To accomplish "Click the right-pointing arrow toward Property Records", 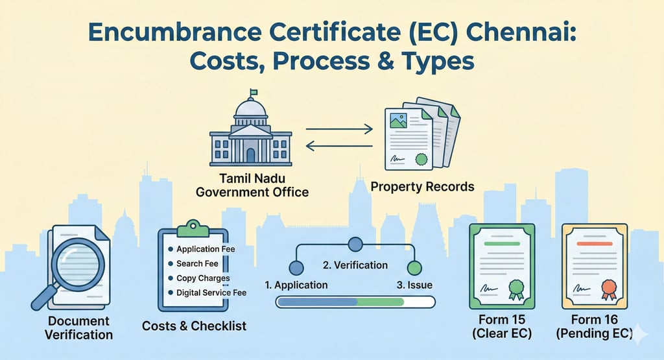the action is coord(338,130).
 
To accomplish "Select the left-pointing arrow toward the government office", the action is coord(338,147).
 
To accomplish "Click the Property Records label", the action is coord(422,187).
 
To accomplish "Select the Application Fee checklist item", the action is coord(206,249).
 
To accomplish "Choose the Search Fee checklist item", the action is coord(197,264).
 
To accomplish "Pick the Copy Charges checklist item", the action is coord(203,278).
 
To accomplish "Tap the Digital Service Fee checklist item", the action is coord(211,293).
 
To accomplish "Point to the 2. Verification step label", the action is coord(355,265).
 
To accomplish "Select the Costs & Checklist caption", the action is coord(195,326).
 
